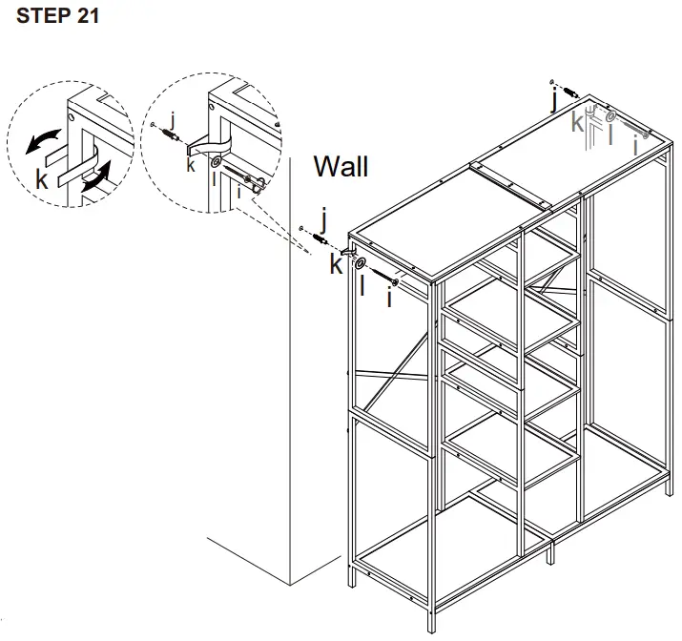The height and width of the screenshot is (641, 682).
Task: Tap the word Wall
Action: [x=341, y=167]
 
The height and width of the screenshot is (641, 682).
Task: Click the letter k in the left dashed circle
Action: [x=41, y=179]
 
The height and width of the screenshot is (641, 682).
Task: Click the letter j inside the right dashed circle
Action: [x=172, y=118]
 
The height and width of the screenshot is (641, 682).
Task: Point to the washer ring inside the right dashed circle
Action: [x=217, y=163]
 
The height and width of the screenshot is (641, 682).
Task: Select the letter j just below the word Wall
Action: [x=324, y=222]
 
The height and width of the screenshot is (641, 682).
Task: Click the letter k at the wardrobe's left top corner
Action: [x=336, y=264]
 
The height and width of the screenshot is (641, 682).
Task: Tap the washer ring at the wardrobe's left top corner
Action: [x=362, y=263]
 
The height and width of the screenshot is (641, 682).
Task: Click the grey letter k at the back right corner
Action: [x=578, y=122]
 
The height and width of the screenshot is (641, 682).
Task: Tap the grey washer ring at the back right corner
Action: [x=608, y=115]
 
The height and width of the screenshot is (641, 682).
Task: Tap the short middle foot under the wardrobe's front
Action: [x=549, y=554]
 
